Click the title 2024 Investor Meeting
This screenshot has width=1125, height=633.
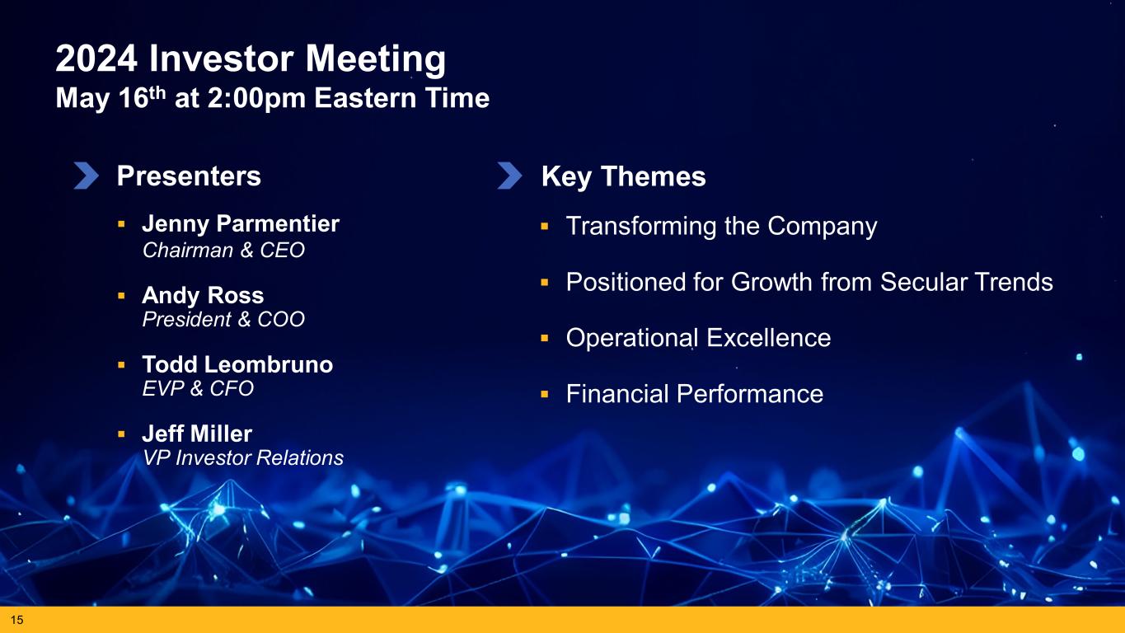click(x=250, y=59)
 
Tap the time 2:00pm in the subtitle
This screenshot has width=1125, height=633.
click(x=256, y=98)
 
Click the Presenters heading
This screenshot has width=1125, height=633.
click(x=189, y=176)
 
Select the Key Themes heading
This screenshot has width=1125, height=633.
click(x=623, y=177)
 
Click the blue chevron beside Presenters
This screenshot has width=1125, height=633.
click(x=87, y=176)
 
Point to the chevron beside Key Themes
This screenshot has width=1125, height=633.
click(x=509, y=176)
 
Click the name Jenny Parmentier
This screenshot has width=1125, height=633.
click(x=241, y=223)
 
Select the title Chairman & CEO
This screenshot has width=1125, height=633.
click(x=223, y=251)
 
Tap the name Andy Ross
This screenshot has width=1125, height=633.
click(x=203, y=295)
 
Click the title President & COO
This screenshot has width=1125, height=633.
click(x=223, y=319)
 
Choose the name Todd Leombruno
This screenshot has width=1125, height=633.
click(x=237, y=364)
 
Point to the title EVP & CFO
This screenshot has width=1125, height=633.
click(x=198, y=388)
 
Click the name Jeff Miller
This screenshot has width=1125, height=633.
click(x=197, y=434)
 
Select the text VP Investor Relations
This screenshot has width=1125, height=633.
click(x=243, y=457)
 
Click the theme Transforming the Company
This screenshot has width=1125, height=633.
click(x=722, y=227)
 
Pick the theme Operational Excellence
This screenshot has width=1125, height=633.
click(x=699, y=338)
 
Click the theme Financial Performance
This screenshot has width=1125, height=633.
click(x=695, y=394)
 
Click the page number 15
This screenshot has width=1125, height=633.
click(x=16, y=620)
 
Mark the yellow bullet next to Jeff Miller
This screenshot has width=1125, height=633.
click(x=121, y=434)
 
